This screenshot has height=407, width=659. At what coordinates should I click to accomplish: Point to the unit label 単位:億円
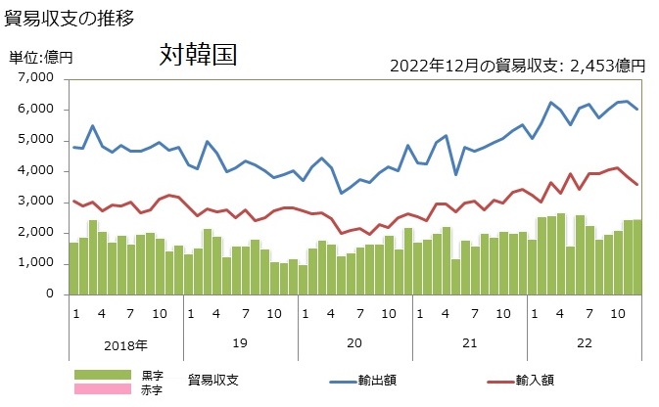tap(41, 59)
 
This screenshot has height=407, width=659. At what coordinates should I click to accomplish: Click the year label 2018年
tap(125, 344)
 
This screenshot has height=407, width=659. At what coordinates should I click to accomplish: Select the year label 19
tap(240, 344)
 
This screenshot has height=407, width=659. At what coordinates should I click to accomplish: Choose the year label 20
tap(354, 344)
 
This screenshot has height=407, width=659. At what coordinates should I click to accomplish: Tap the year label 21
tap(469, 344)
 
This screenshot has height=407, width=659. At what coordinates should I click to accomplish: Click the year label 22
tap(584, 344)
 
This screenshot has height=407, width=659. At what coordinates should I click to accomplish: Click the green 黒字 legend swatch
tap(102, 375)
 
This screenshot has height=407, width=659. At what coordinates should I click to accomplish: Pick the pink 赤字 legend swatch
tap(102, 388)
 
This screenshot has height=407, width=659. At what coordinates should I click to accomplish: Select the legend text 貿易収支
tap(213, 380)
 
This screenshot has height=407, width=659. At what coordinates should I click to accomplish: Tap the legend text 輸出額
tap(376, 380)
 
